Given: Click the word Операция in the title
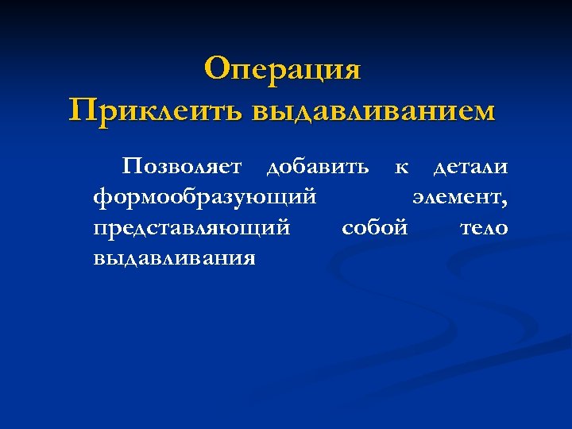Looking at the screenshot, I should pyautogui.click(x=282, y=69).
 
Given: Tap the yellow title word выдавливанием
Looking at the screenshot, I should pyautogui.click(x=373, y=110).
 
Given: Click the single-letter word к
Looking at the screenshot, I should pyautogui.click(x=402, y=168).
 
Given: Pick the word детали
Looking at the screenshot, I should pyautogui.click(x=470, y=168).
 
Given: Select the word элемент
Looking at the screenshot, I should pyautogui.click(x=458, y=198).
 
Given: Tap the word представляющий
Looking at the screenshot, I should pyautogui.click(x=191, y=228).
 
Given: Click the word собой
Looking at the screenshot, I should pyautogui.click(x=374, y=228).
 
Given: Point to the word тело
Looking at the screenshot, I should pyautogui.click(x=484, y=228).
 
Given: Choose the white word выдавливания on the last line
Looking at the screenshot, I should pyautogui.click(x=174, y=258).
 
